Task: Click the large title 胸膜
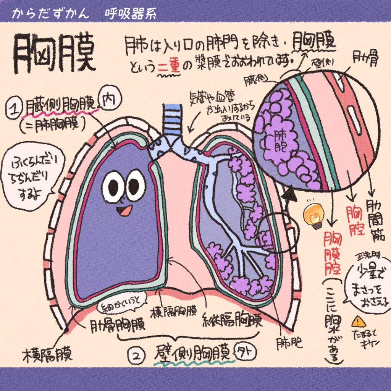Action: (x=53, y=53)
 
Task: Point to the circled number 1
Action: (x=14, y=108)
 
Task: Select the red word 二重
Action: (x=166, y=68)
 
